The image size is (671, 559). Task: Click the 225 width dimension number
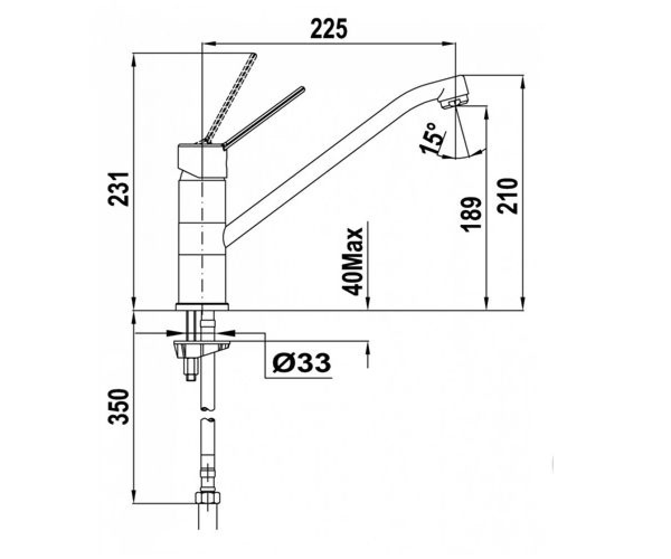pos(329,29)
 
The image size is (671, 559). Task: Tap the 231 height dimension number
pos(118,189)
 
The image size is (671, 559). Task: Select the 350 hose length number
pos(118,407)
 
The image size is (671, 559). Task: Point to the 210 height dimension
pos(507,196)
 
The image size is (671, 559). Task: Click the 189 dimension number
pos(471,214)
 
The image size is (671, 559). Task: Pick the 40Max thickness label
pos(352,262)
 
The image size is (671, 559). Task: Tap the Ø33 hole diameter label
pos(301,363)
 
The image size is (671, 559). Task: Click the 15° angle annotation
pos(433,139)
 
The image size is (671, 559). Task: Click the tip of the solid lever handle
pos(302,88)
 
